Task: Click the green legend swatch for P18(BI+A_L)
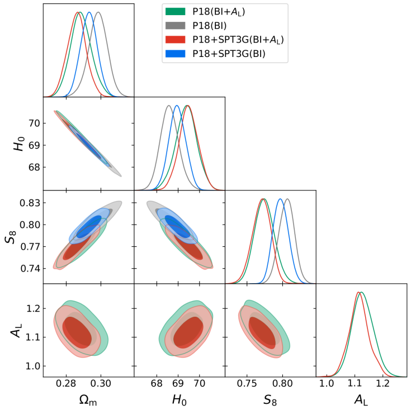pyautogui.click(x=176, y=11)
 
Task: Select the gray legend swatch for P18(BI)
pyautogui.click(x=176, y=25)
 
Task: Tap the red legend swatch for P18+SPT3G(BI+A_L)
pyautogui.click(x=176, y=40)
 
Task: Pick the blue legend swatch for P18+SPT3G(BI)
pyautogui.click(x=176, y=54)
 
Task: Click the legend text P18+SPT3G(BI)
pyautogui.click(x=228, y=54)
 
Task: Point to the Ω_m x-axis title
pyautogui.click(x=88, y=399)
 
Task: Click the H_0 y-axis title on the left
pyautogui.click(x=17, y=144)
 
